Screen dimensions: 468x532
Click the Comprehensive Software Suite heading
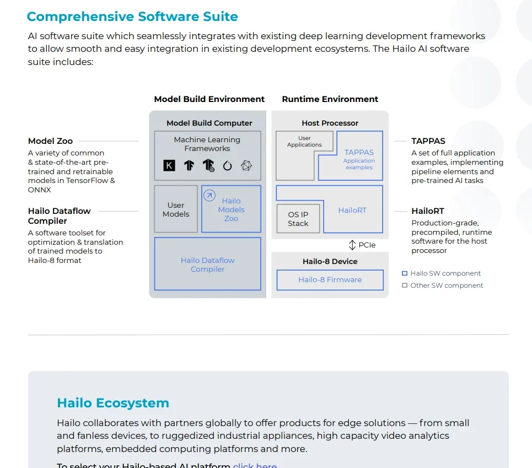tap(132, 16)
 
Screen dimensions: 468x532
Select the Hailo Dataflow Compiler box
tap(207, 264)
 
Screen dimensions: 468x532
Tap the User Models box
tap(176, 209)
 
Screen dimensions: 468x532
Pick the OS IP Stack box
tap(298, 219)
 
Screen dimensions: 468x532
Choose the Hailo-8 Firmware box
tap(330, 279)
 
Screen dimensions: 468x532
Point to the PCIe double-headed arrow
tap(353, 245)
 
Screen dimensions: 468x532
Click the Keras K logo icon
tap(169, 165)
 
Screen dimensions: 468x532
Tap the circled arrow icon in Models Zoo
tap(209, 196)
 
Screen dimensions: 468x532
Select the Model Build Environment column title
tap(209, 99)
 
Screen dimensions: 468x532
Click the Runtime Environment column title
tap(330, 99)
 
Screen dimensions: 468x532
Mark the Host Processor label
tap(330, 123)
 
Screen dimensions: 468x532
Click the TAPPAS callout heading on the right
tap(428, 141)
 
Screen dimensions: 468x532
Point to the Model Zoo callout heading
tap(50, 141)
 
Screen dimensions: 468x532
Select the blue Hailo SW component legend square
tap(405, 273)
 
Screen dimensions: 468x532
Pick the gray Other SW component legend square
tap(405, 286)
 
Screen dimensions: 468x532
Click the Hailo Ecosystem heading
tap(113, 403)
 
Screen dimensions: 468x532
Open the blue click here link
tap(255, 465)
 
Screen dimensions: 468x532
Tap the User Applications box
tap(304, 142)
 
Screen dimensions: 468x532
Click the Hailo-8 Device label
tap(330, 261)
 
